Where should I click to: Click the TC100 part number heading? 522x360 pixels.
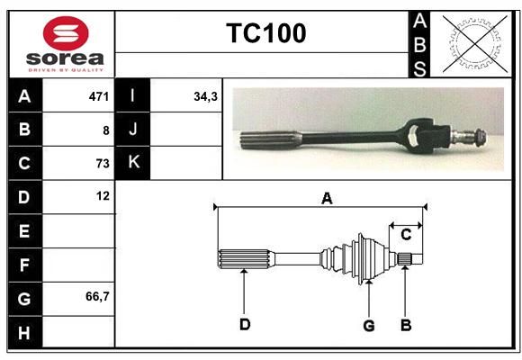[266, 33]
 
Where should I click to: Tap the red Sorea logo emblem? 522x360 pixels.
[66, 33]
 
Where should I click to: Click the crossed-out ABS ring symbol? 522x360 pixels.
[475, 44]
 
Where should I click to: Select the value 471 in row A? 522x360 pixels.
[99, 96]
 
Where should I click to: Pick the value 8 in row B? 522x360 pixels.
[106, 130]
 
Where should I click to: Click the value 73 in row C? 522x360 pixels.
[103, 164]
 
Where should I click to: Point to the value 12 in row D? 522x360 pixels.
[103, 196]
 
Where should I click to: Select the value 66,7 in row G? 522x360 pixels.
[97, 296]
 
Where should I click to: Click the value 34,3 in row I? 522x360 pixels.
[206, 96]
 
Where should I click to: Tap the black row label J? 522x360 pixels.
[132, 130]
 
